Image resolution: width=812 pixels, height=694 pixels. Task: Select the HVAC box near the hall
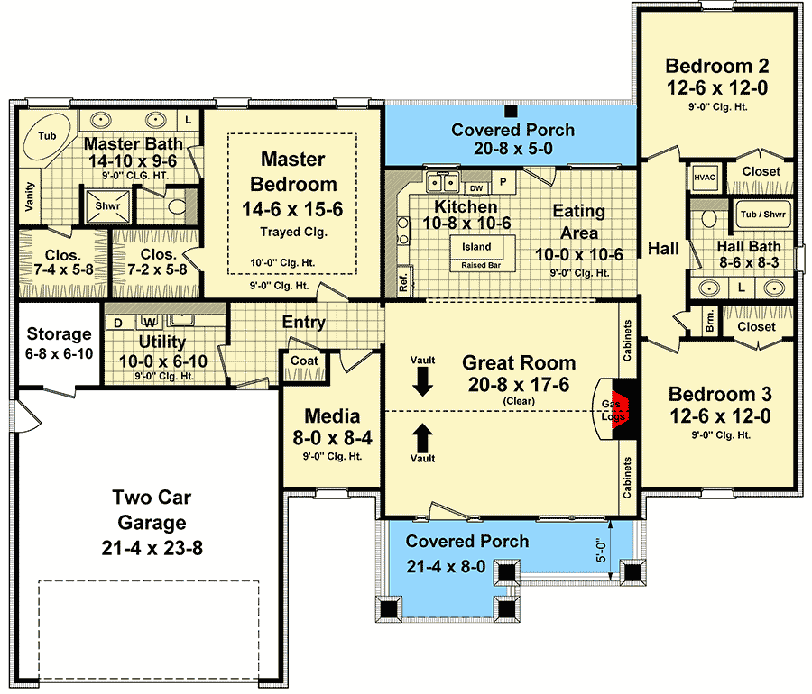[x=705, y=178]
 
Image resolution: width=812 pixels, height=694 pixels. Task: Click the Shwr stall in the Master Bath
[x=107, y=205]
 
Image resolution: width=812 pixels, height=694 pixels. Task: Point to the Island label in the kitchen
[x=476, y=247]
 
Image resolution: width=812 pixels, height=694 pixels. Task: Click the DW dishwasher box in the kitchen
[x=476, y=188]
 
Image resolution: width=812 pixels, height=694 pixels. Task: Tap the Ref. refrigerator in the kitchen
[x=404, y=281]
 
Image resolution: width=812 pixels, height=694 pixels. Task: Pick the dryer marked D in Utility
[x=118, y=323]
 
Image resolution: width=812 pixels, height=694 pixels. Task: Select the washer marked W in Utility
[x=150, y=322]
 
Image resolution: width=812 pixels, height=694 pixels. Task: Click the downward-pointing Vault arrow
[x=422, y=383]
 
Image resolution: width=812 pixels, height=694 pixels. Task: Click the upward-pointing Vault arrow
[x=422, y=438]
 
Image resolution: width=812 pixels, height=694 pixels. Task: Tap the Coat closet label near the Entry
[x=304, y=361]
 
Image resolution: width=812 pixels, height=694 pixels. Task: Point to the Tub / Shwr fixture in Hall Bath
[x=762, y=215]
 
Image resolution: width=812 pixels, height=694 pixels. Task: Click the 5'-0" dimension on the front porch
[x=601, y=551]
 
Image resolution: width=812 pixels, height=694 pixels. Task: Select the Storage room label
[x=59, y=334]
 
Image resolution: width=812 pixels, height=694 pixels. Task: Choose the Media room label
[x=332, y=415]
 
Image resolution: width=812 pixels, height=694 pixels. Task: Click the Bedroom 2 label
[x=716, y=66]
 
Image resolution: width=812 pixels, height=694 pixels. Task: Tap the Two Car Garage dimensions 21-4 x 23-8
[x=152, y=548]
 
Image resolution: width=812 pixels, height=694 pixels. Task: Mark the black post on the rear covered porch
[x=512, y=112]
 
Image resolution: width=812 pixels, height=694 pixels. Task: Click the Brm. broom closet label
[x=709, y=321]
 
